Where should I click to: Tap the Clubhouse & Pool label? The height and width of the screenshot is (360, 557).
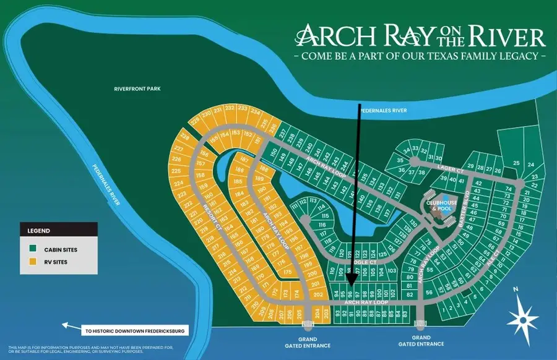(x=441, y=205)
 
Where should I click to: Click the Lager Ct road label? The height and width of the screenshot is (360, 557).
(x=451, y=169)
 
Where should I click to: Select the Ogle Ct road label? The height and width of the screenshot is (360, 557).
(x=355, y=262)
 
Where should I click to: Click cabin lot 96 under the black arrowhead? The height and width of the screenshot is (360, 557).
(x=350, y=294)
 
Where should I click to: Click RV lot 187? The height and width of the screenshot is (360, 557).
(x=244, y=160)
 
